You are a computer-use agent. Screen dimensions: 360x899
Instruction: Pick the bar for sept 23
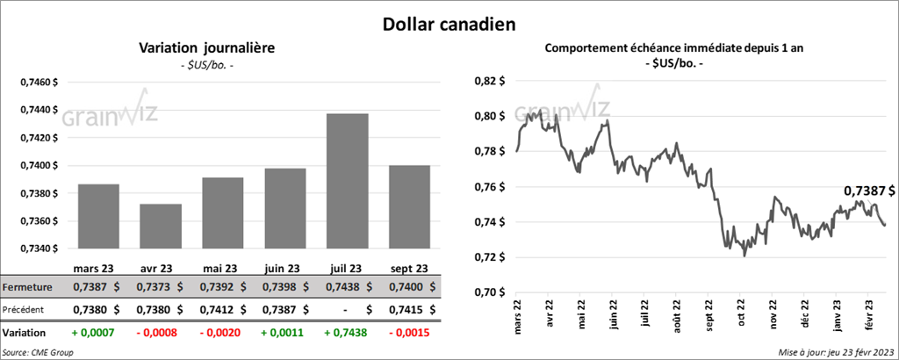409,206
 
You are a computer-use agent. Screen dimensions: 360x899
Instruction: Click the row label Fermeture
28,287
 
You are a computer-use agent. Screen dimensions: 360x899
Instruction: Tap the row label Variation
25,334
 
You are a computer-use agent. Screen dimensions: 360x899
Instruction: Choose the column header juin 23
283,269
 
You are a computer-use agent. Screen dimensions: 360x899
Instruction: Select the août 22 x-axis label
678,315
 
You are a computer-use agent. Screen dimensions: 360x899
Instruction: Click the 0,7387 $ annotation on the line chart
869,190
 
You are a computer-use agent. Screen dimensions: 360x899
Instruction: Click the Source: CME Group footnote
38,351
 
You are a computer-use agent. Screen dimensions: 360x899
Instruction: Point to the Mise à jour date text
835,351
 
